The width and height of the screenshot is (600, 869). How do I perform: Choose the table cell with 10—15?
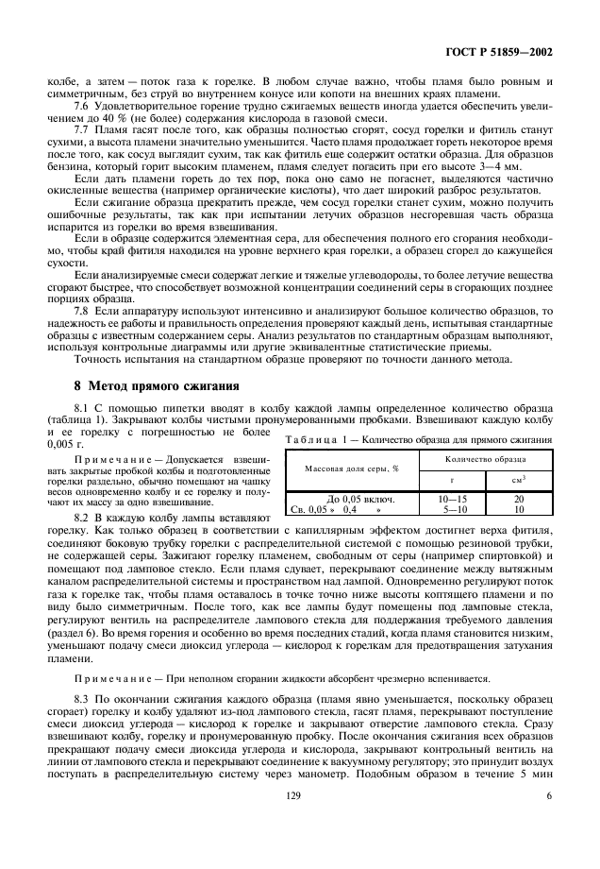[x=452, y=498]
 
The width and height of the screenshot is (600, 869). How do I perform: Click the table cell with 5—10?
[x=452, y=508]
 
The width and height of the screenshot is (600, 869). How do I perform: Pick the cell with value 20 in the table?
[x=519, y=498]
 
